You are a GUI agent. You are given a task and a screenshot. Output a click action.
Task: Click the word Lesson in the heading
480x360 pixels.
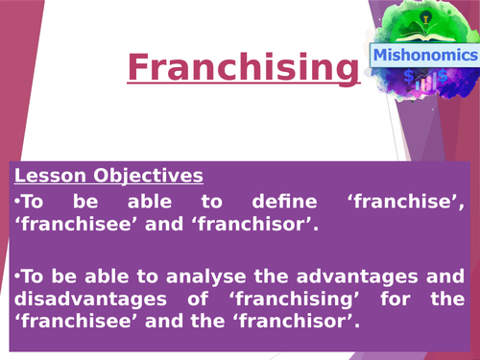pyautogui.click(x=47, y=176)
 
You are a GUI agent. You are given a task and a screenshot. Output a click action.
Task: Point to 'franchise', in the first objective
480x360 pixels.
pyautogui.click(x=419, y=203)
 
